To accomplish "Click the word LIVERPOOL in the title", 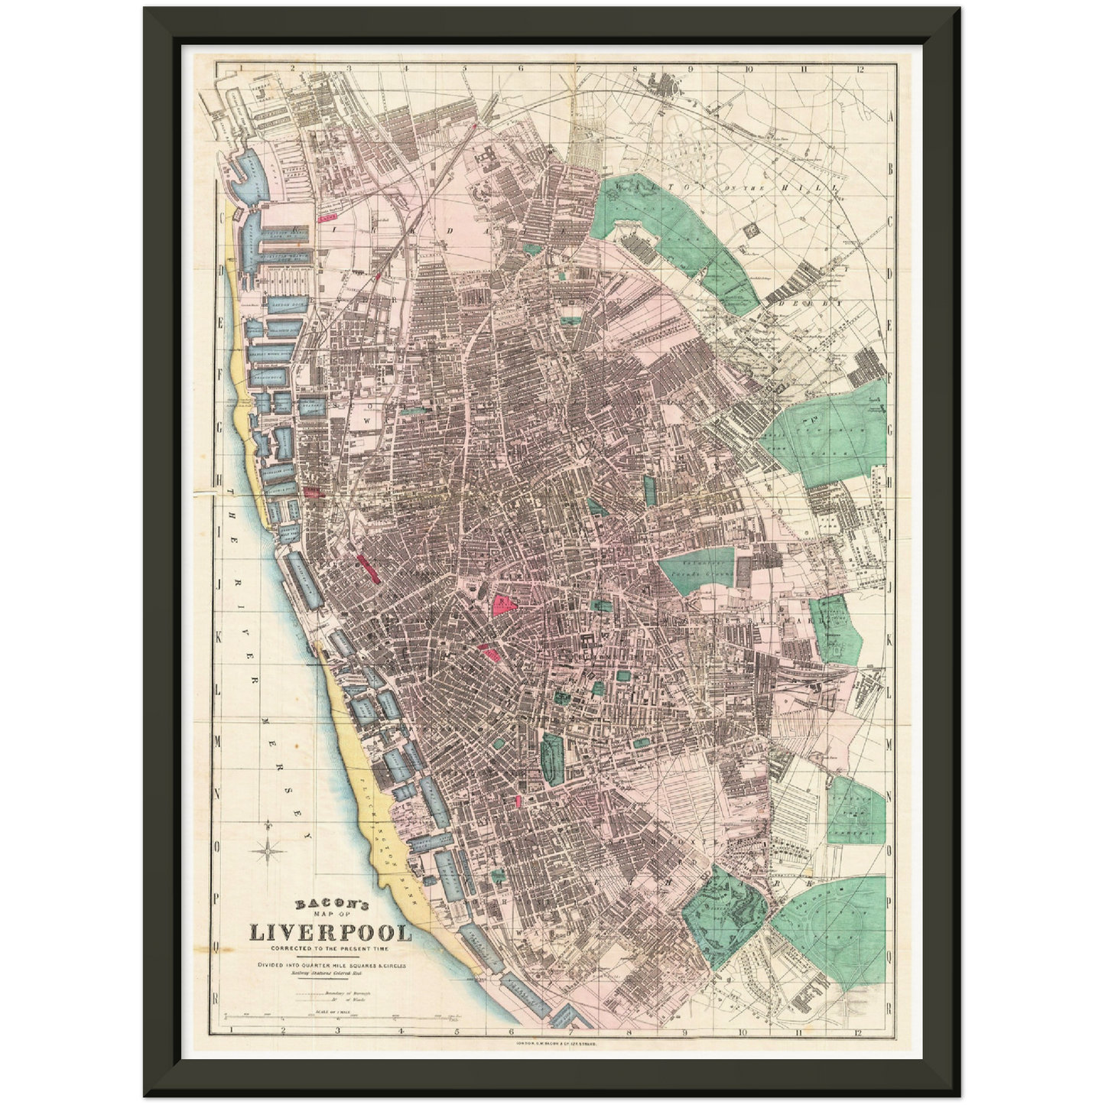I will point(330,934).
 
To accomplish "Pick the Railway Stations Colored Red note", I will point(330,973).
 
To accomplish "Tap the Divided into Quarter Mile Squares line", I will point(330,965).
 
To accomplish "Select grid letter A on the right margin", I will point(890,115).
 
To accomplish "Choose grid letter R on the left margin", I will point(217,999).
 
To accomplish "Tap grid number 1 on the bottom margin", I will point(227,1030).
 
